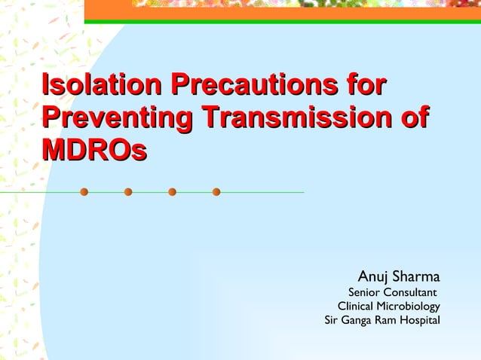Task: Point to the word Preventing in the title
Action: [x=117, y=117]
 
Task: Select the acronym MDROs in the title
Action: [x=95, y=150]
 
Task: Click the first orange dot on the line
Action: [x=84, y=192]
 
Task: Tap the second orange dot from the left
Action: [x=128, y=192]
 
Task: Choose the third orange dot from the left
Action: [x=172, y=192]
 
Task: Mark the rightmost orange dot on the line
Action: [x=216, y=192]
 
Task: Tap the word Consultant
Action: [x=411, y=292]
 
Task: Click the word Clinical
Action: [x=357, y=307]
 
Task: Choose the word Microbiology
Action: [x=410, y=307]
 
